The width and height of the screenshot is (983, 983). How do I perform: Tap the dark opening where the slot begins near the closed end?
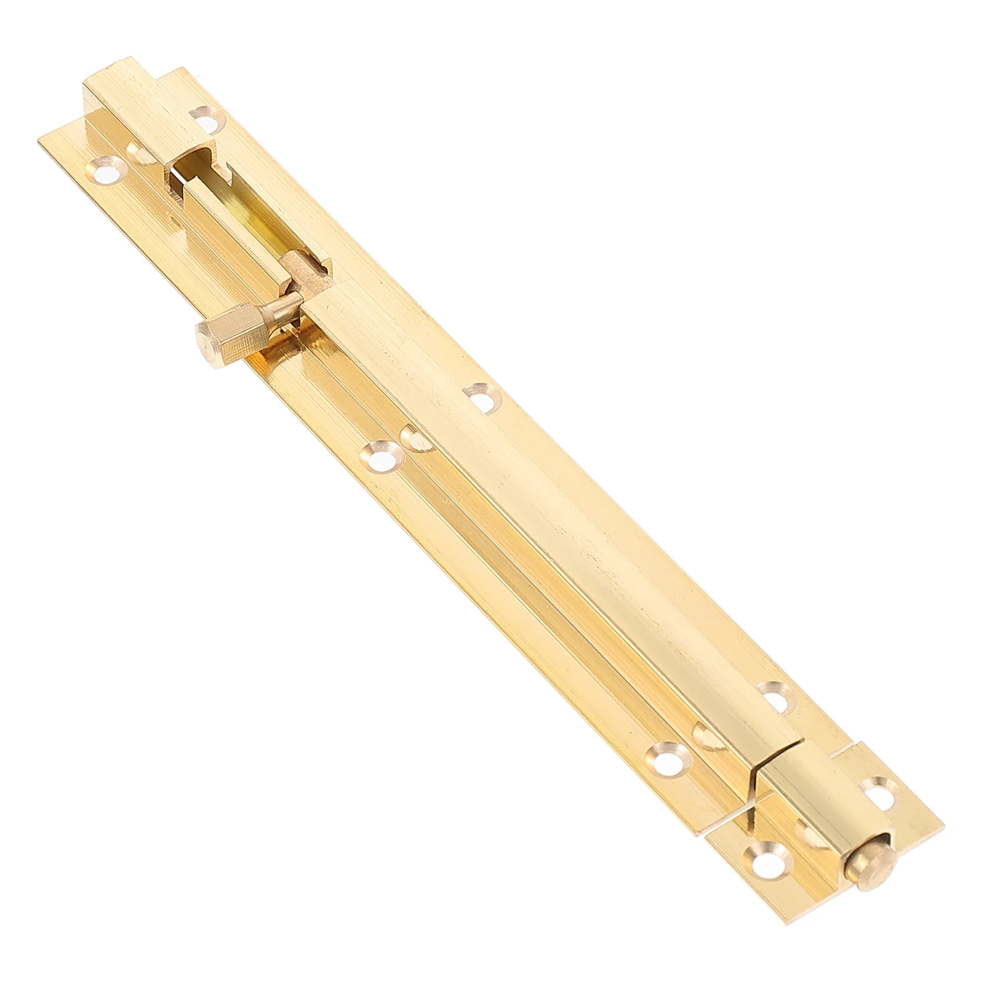pos(178,175)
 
